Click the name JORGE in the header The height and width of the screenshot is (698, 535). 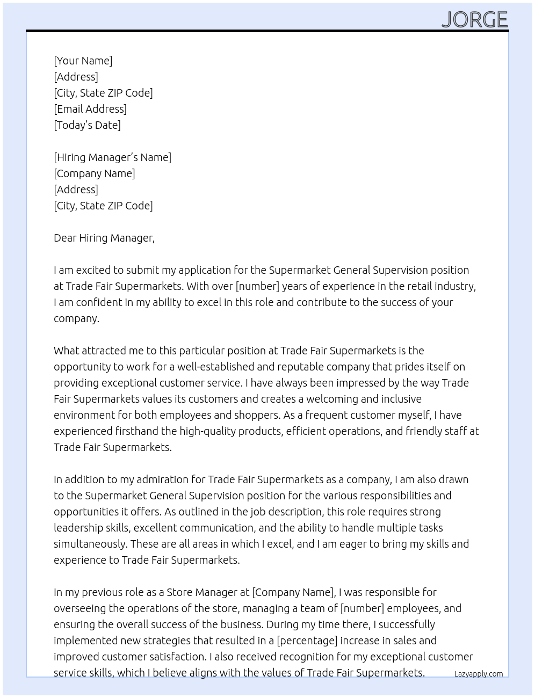click(x=474, y=20)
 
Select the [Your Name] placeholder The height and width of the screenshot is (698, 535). click(x=83, y=61)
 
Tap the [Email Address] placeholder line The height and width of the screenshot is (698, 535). click(x=90, y=109)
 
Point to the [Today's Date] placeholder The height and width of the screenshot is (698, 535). click(x=87, y=125)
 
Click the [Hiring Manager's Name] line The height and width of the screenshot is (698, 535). click(x=112, y=157)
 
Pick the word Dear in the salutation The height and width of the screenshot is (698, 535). click(x=64, y=238)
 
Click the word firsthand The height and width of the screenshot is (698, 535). click(x=136, y=431)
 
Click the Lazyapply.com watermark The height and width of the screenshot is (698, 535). click(x=478, y=674)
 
